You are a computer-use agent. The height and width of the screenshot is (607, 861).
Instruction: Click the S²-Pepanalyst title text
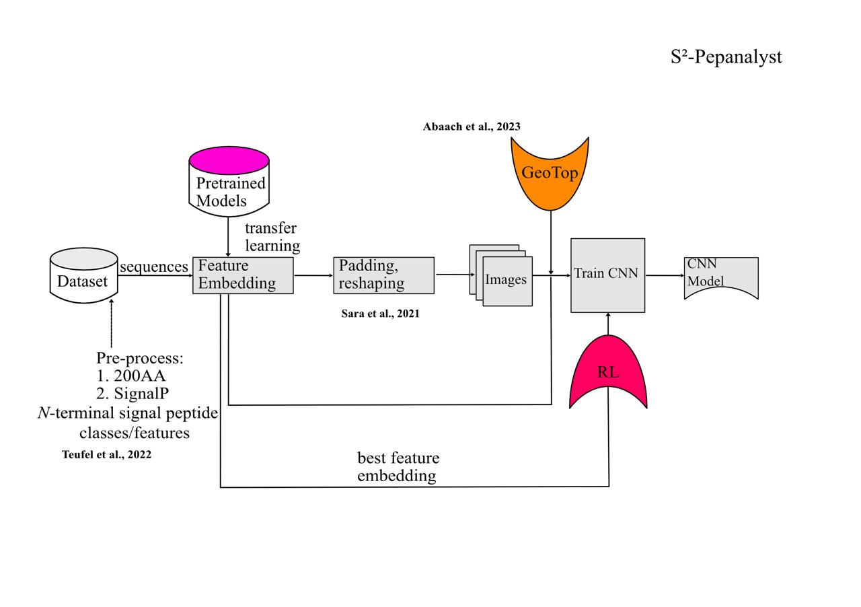tap(726, 57)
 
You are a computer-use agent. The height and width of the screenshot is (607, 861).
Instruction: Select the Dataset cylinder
tap(83, 276)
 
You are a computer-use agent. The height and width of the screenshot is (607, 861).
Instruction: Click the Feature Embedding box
tap(243, 275)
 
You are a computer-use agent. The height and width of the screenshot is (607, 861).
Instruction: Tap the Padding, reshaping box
tap(383, 275)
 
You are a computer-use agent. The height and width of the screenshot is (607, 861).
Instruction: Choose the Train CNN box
tap(607, 275)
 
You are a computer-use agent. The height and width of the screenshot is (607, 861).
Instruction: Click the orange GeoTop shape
tap(550, 174)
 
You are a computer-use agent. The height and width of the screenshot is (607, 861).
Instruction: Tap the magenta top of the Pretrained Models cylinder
tap(229, 160)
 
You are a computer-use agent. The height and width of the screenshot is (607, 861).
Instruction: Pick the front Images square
tap(507, 281)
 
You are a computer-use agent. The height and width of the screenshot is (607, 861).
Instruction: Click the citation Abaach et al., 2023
tap(472, 127)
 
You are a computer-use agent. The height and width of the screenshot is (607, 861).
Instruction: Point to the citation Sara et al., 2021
tap(380, 314)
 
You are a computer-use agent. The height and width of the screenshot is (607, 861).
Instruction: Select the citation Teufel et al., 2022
tap(106, 455)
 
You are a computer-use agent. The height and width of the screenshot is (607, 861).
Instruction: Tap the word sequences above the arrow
tap(154, 266)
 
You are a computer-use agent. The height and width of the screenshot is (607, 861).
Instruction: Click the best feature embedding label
tap(398, 467)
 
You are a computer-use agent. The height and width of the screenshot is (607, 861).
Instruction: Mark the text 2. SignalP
tap(133, 394)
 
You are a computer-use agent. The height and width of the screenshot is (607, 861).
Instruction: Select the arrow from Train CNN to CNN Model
tap(665, 275)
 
